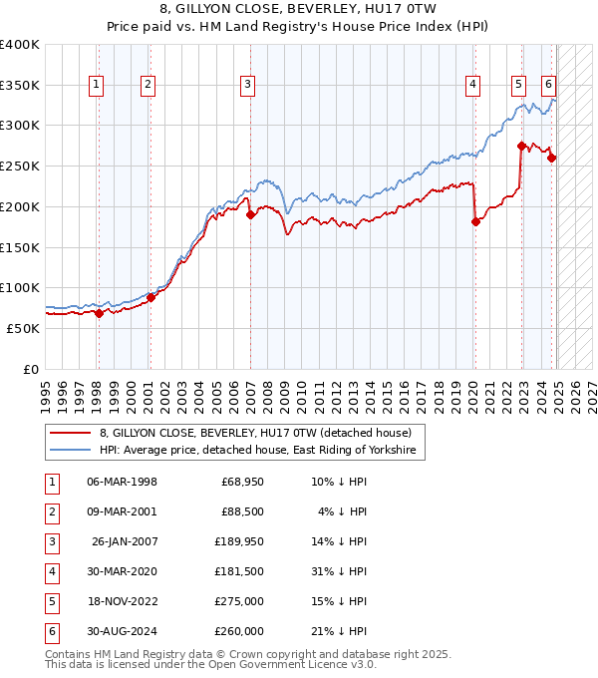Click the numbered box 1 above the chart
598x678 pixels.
97,86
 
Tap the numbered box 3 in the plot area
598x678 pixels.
246,86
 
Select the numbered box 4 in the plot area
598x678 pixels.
472,86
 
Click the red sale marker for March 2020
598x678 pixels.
475,221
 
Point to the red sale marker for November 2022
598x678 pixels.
521,146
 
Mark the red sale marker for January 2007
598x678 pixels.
250,214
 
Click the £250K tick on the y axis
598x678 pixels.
20,166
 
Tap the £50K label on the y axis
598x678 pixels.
24,328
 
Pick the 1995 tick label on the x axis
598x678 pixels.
45,391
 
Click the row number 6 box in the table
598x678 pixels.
51,631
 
